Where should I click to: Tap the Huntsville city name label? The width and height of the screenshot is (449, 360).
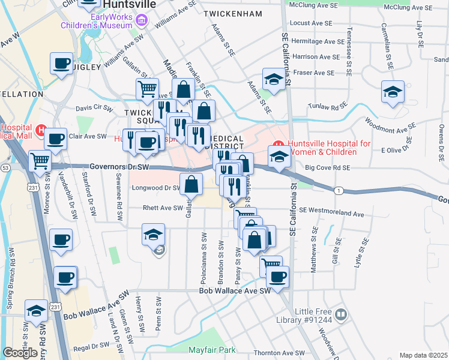[129, 4]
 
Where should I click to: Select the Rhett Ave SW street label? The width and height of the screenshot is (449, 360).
[162, 208]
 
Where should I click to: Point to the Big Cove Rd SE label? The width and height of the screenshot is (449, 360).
[327, 169]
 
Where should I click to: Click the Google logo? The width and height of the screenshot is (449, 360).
[19, 352]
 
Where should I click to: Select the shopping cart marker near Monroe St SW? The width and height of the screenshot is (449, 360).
[40, 160]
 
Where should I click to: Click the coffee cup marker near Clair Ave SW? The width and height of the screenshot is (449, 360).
[55, 139]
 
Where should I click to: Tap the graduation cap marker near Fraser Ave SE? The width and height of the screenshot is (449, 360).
[273, 79]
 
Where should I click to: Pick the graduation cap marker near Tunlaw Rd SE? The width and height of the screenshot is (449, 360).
[393, 92]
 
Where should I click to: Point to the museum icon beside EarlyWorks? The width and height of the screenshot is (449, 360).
[142, 22]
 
